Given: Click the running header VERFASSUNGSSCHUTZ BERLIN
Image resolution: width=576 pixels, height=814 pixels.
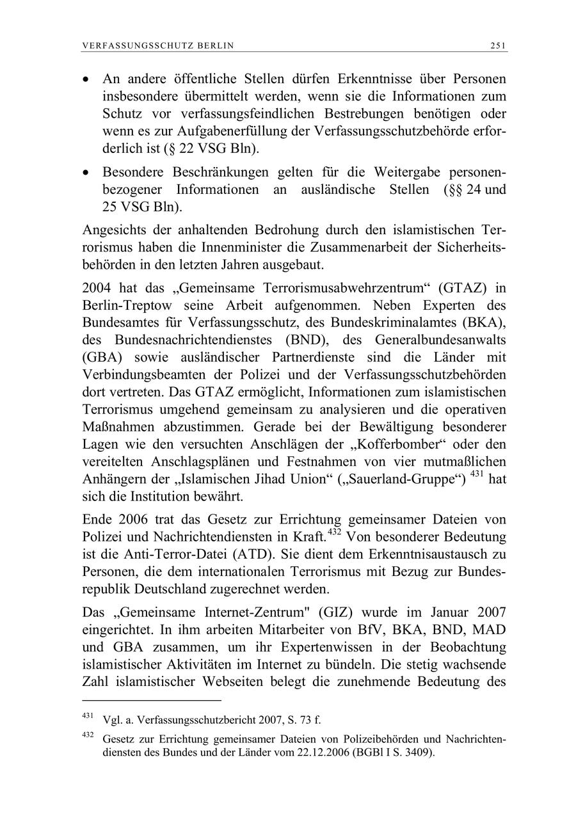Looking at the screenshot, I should coord(158,45).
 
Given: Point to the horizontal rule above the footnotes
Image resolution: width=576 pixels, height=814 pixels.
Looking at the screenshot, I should coord(151,700).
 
